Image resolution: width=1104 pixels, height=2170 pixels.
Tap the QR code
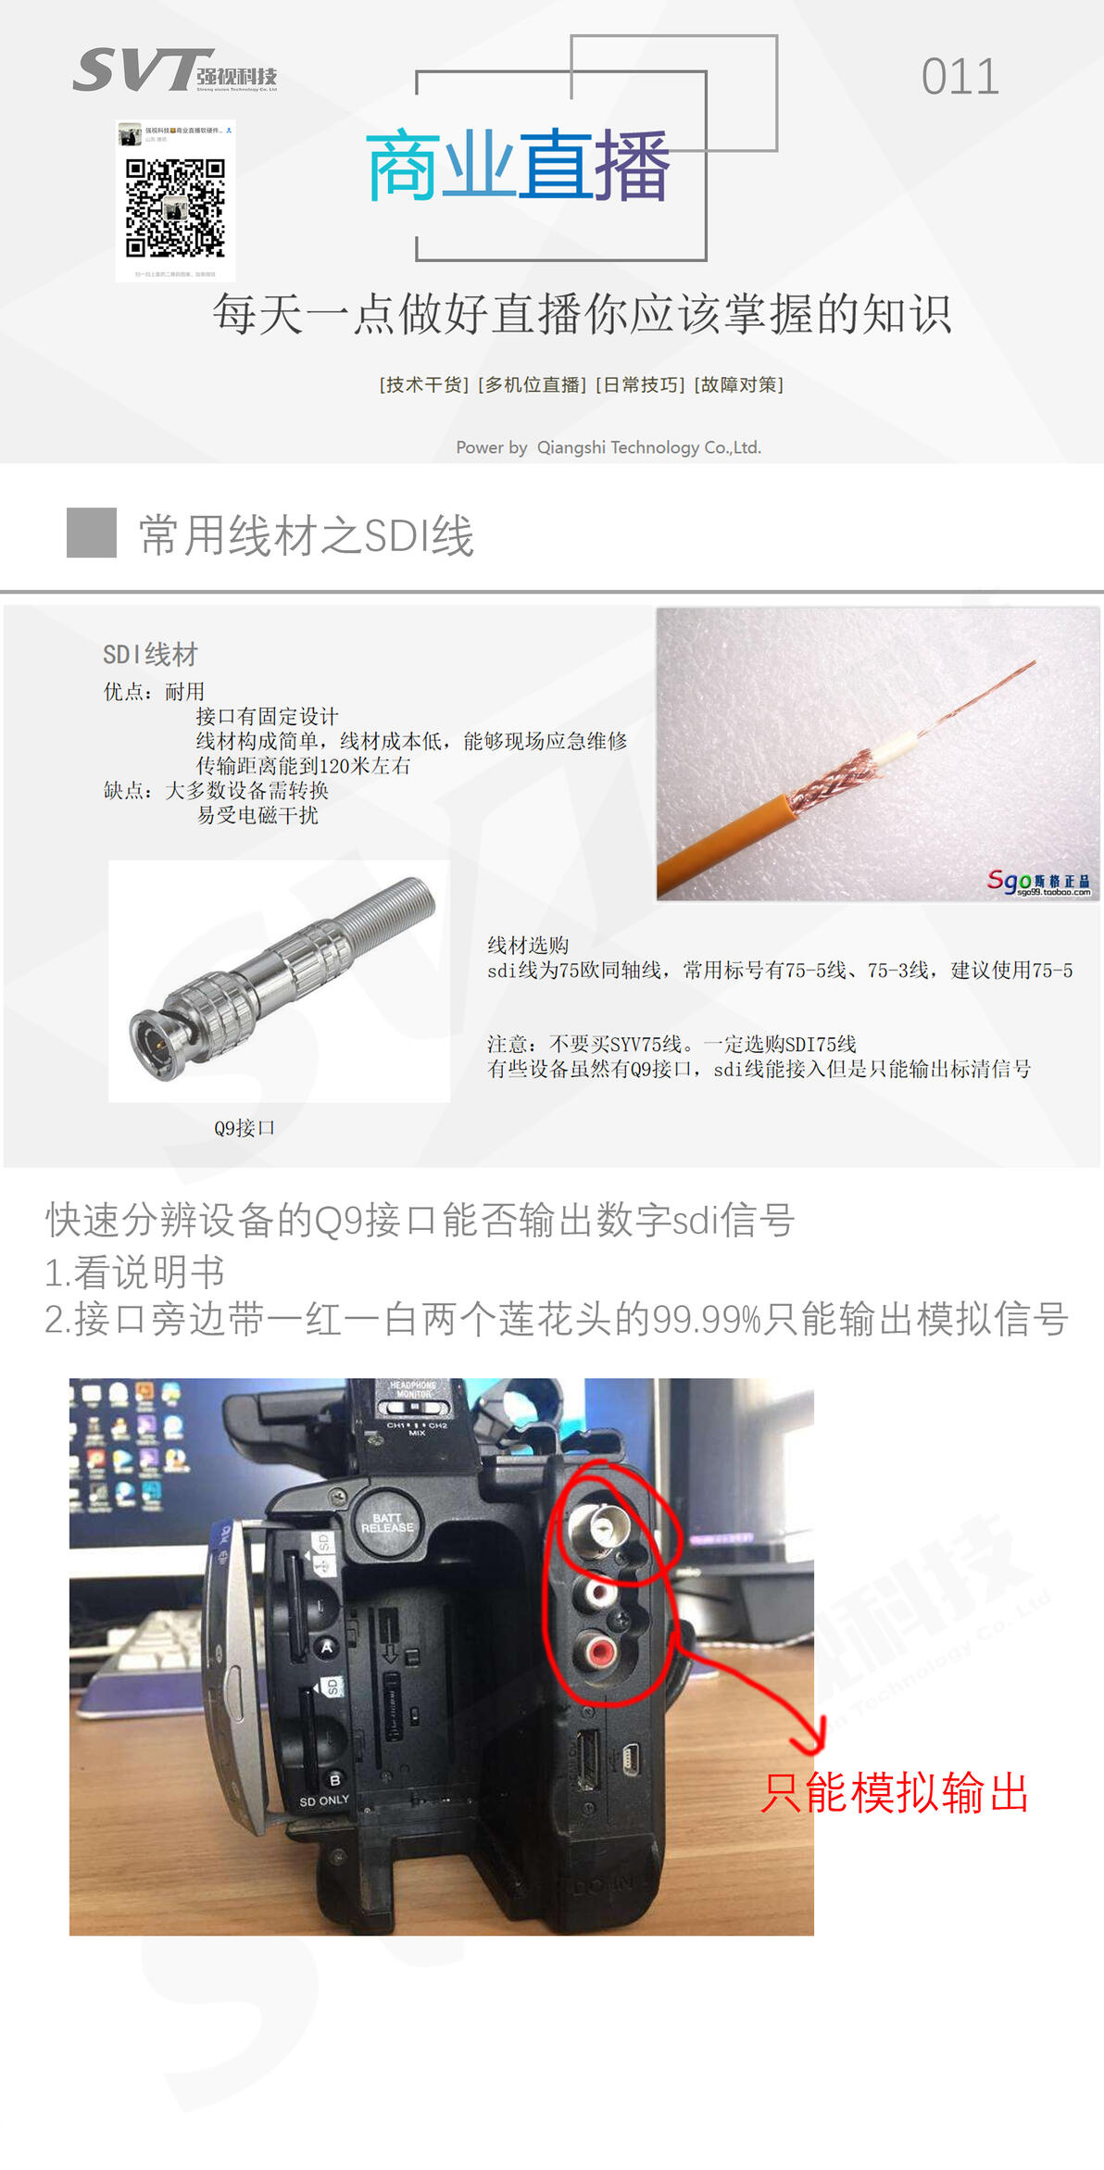[175, 207]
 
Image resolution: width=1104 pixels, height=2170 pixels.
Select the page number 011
[960, 77]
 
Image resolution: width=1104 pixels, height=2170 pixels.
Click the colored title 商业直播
[518, 167]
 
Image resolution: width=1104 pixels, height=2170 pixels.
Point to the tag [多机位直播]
[533, 384]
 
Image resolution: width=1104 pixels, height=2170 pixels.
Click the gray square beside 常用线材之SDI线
[92, 533]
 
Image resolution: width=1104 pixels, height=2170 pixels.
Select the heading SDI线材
[150, 655]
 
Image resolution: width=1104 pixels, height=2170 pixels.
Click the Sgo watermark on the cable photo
[1037, 882]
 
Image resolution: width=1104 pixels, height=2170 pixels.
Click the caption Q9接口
[245, 1128]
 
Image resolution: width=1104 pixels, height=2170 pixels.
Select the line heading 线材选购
[528, 946]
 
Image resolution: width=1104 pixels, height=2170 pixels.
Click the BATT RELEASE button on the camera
[387, 1523]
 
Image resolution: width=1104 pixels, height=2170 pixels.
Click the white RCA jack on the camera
[597, 1592]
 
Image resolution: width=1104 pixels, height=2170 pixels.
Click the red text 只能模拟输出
[894, 1792]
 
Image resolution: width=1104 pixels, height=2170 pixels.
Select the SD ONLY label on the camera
[324, 1800]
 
